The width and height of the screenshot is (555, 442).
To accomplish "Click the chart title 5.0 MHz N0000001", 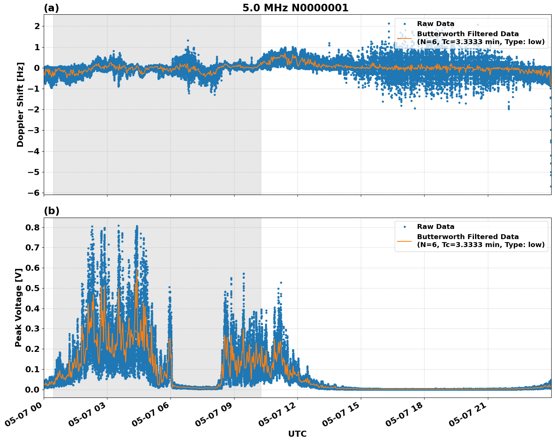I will coord(295,8).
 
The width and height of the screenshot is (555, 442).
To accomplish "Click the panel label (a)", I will coord(51,8).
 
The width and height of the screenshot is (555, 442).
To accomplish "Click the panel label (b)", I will coord(51,211).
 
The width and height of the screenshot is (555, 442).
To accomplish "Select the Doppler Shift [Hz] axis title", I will coord(20,104).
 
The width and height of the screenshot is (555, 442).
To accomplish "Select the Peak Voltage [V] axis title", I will coord(18,307).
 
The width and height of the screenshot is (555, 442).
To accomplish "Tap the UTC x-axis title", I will coord(297,434).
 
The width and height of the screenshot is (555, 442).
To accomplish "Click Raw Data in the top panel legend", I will coord(435,24).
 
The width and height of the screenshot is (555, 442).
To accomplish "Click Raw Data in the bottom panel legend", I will coord(435,227).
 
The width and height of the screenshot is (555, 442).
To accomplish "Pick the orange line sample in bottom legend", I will coord(404,241).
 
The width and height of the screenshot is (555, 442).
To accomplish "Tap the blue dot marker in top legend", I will coord(404,24).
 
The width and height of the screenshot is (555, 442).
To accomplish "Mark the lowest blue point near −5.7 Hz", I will coord(550,186).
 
